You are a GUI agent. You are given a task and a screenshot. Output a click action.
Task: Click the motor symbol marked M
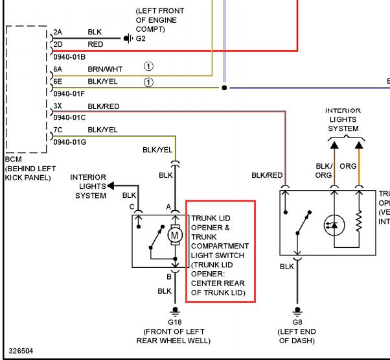[175, 235]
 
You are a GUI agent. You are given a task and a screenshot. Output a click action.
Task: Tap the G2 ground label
[141, 38]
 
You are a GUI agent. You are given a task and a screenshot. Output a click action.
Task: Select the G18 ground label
[175, 322]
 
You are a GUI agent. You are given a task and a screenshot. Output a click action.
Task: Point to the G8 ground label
[297, 322]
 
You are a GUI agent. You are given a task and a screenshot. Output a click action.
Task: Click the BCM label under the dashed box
[13, 159]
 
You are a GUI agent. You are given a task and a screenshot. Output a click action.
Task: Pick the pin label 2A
[58, 32]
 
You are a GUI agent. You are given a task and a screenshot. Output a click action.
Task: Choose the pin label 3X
[58, 106]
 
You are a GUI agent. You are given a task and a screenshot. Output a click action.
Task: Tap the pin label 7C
[58, 130]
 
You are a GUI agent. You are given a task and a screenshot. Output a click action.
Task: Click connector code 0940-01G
[70, 142]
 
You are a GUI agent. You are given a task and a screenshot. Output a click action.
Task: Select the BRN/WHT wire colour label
[105, 69]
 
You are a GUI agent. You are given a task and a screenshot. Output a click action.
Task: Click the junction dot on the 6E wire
[224, 88]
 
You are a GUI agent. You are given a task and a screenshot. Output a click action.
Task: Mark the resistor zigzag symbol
[359, 221]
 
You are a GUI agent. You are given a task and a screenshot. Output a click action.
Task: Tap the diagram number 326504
[21, 351]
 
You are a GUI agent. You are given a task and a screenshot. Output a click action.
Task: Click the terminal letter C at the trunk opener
[132, 207]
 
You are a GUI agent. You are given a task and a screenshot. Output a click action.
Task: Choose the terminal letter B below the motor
[169, 276]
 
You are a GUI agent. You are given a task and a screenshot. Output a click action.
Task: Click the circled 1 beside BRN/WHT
[148, 66]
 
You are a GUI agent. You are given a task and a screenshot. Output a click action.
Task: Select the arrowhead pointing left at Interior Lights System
[110, 186]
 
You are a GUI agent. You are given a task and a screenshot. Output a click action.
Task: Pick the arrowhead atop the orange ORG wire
[359, 145]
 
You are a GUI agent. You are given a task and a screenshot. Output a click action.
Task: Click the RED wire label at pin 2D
[95, 44]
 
